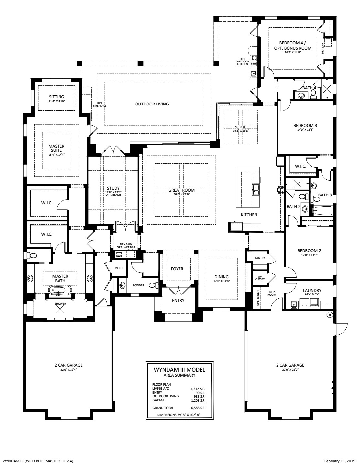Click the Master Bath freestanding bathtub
coord(57,291)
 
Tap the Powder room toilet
coord(153,285)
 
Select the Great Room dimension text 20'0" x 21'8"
coord(181,194)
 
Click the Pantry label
coord(260,258)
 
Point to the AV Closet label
coord(260,278)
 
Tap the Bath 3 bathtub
coord(323,211)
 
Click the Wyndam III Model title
coord(180,370)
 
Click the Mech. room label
coord(119,268)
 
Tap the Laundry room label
coord(312,291)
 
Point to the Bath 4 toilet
coord(313,94)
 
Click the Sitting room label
coord(57,97)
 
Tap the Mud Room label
coord(272,294)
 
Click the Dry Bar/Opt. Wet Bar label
coord(126,246)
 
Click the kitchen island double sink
coord(256,190)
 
